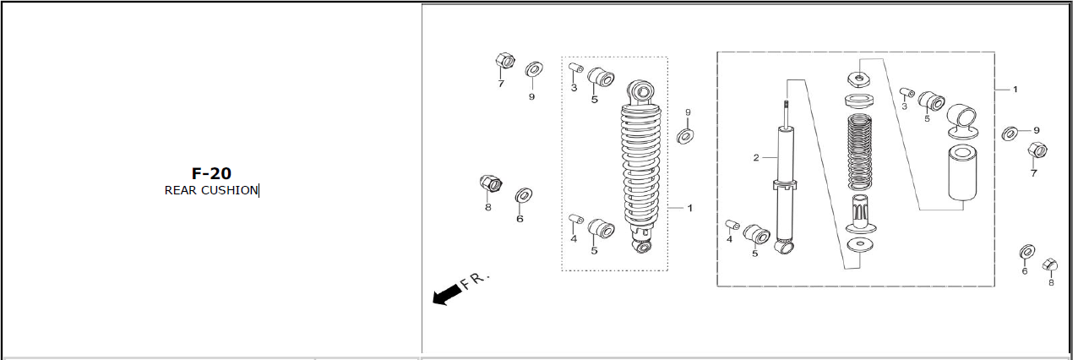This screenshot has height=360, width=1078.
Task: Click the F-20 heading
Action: (x=211, y=173)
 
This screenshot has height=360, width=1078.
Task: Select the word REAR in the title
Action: (x=181, y=191)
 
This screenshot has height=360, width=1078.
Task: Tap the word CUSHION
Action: (x=230, y=191)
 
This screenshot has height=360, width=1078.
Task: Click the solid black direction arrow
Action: (x=446, y=294)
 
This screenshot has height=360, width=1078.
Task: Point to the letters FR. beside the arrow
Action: (x=475, y=281)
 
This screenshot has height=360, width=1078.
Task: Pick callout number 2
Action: (x=756, y=158)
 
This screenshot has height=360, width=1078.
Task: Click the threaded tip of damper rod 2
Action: (x=786, y=104)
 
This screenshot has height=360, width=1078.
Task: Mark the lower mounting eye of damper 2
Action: (x=785, y=248)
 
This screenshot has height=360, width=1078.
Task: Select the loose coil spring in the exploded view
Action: (x=859, y=152)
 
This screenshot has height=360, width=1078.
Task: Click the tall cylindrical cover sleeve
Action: (x=962, y=172)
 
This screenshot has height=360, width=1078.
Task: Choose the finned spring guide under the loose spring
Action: (x=859, y=215)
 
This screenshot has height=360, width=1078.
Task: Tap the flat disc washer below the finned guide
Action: (x=860, y=244)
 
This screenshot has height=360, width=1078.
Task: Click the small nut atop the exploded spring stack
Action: (x=858, y=79)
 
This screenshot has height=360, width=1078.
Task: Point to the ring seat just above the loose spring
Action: (x=859, y=101)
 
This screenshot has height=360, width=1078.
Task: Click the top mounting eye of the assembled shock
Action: (x=641, y=92)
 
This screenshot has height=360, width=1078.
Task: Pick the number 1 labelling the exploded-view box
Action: (x=1015, y=90)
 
